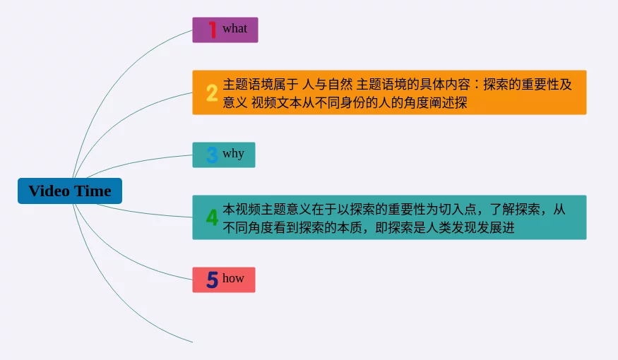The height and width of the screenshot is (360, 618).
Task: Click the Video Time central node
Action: click(70, 191)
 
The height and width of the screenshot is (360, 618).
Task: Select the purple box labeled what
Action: click(225, 30)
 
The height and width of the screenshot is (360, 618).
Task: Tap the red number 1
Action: click(212, 30)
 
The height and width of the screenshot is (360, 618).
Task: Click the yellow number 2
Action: click(212, 92)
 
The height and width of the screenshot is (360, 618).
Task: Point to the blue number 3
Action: click(212, 155)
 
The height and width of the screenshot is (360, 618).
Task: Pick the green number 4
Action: click(212, 217)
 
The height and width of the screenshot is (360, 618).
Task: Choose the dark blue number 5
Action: click(212, 280)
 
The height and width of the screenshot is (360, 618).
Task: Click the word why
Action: click(233, 154)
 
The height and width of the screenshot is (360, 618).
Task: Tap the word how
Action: click(233, 278)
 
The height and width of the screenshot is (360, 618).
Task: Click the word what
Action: click(234, 29)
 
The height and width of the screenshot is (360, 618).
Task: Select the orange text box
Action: click(389, 92)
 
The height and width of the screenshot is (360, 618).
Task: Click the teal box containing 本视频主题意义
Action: click(389, 217)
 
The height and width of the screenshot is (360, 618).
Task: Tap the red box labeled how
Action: click(224, 280)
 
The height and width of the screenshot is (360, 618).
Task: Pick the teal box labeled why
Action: click(224, 155)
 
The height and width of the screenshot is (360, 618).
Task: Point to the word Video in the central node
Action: click(49, 191)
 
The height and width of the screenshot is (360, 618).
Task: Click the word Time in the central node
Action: click(93, 191)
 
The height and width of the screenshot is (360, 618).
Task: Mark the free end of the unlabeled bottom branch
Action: click(192, 342)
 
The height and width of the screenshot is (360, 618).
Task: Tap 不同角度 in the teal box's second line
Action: click(248, 228)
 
